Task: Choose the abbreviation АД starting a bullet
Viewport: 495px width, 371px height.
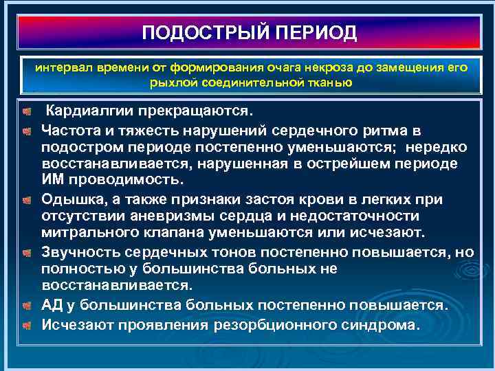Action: tap(52, 304)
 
